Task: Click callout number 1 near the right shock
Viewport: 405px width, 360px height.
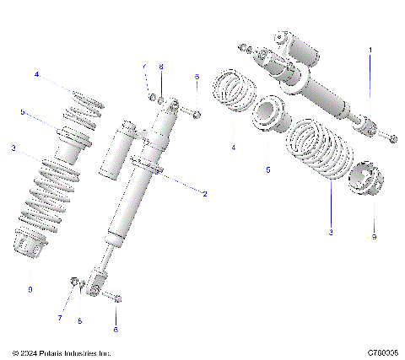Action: click(x=369, y=51)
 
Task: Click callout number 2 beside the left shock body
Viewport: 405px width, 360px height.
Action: click(x=204, y=193)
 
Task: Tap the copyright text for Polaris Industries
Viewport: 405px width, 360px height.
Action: click(x=62, y=353)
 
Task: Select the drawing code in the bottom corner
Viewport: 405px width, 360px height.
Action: click(x=383, y=353)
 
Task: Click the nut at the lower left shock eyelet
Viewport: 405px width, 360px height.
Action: click(x=75, y=282)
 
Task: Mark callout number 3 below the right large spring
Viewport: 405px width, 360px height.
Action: click(x=331, y=231)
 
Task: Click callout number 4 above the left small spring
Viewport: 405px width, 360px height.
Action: click(x=36, y=75)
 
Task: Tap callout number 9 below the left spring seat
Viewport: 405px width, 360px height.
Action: click(x=30, y=289)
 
